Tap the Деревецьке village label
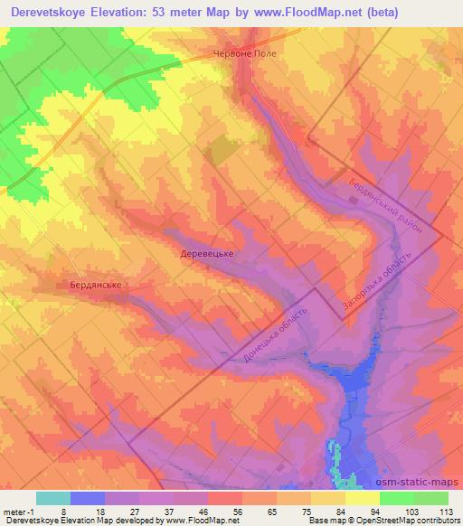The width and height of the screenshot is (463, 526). (207, 254)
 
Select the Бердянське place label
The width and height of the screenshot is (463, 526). (95, 285)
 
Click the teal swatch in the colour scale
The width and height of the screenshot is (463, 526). (52, 498)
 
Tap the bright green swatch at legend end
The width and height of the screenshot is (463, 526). (430, 498)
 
